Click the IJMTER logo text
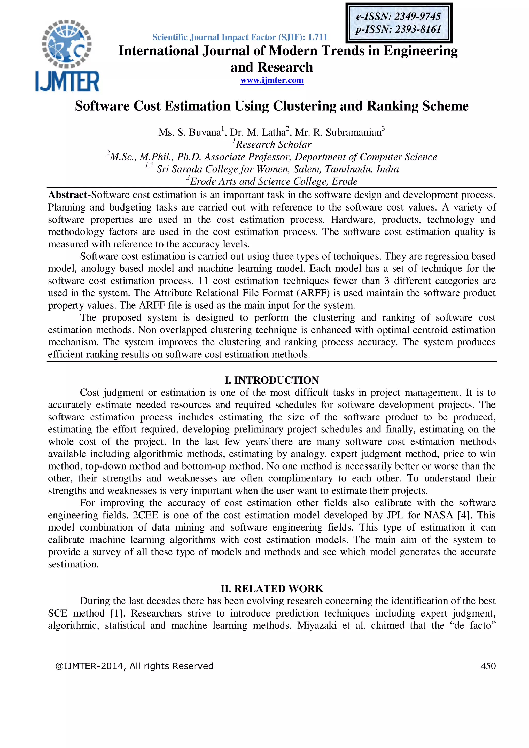click(67, 81)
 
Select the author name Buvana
click(205, 132)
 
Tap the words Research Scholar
click(273, 145)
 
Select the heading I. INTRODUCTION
click(272, 380)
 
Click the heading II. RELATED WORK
click(272, 589)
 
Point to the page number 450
click(488, 666)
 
